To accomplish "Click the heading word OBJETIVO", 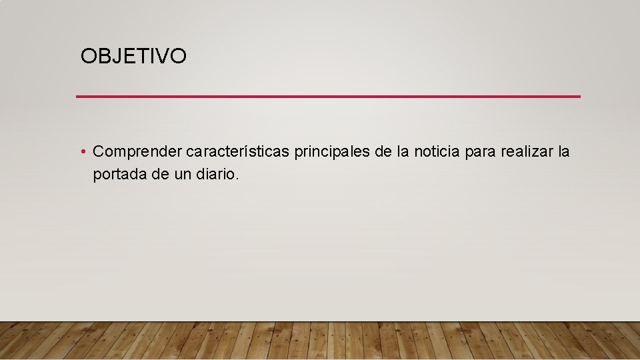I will pos(133,57).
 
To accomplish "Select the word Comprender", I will pos(137,153).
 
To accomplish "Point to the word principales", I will pos(332,153).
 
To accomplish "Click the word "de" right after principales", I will pos(383,152).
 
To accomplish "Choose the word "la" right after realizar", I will pos(564,152).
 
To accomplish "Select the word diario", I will pos(213,174).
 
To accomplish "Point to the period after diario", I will pos(237,179).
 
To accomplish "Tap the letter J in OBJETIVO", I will pos(114,57).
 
